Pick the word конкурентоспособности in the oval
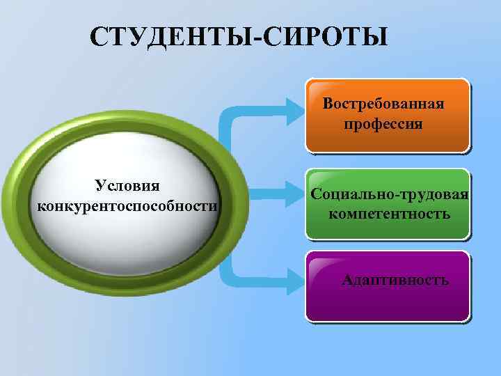coord(126,206)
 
